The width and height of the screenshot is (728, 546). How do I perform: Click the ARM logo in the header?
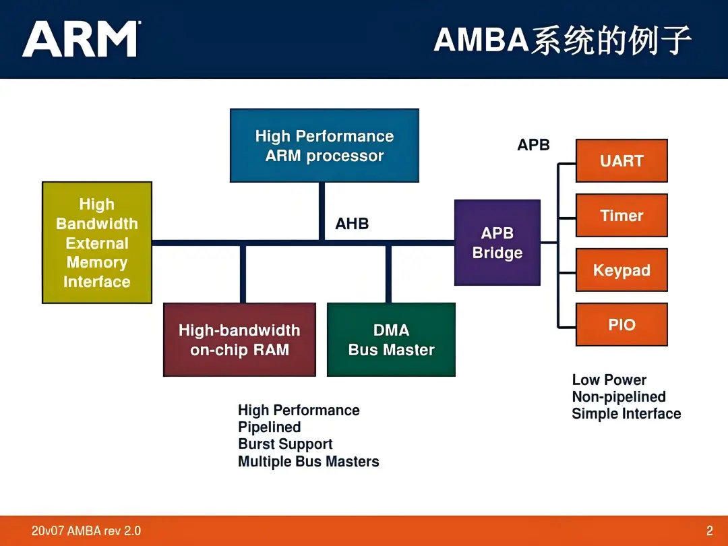click(82, 39)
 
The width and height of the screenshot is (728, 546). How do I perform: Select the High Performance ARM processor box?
click(324, 146)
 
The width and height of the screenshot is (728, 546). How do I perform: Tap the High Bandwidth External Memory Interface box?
click(97, 243)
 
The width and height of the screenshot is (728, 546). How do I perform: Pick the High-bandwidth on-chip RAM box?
click(239, 340)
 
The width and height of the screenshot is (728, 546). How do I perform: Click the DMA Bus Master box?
click(391, 340)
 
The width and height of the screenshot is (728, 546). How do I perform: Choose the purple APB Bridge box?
click(497, 243)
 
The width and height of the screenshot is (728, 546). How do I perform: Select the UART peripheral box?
click(621, 161)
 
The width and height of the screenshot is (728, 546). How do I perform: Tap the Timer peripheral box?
click(621, 216)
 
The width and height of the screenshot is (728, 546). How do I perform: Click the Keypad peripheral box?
click(621, 270)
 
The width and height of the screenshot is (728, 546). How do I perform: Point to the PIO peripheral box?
click(621, 325)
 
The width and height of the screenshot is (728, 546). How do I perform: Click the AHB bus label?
click(352, 224)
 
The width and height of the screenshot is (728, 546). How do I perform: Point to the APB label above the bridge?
click(533, 145)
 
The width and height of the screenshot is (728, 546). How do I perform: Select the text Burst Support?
click(285, 444)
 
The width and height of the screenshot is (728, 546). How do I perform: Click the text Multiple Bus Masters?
click(308, 462)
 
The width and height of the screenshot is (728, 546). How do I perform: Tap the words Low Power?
click(609, 380)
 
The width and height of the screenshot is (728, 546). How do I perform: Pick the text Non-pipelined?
click(618, 397)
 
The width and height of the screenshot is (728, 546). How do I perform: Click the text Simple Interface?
click(626, 414)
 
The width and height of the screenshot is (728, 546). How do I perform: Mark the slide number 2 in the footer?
click(709, 530)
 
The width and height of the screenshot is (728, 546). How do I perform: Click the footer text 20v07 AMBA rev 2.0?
click(86, 530)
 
